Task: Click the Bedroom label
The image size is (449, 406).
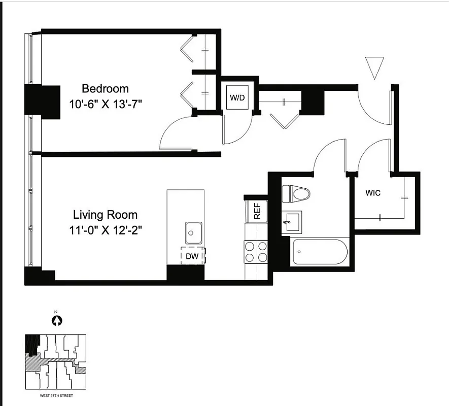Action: (x=105, y=89)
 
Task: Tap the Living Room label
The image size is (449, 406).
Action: (x=105, y=214)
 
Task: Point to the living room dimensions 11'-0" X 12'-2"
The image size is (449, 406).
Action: (x=105, y=230)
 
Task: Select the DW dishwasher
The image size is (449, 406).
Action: (x=192, y=256)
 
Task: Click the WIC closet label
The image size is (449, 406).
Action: (x=373, y=193)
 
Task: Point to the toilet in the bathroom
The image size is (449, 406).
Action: (x=296, y=193)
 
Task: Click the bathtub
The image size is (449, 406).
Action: (x=320, y=252)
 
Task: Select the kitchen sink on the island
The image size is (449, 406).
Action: (x=193, y=233)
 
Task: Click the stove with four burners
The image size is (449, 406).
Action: (x=256, y=252)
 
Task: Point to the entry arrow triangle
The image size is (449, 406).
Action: (x=374, y=67)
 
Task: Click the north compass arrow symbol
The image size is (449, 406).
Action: (x=57, y=320)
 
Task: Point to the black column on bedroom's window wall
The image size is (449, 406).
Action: (x=42, y=101)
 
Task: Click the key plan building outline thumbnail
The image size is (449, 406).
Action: (x=56, y=361)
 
